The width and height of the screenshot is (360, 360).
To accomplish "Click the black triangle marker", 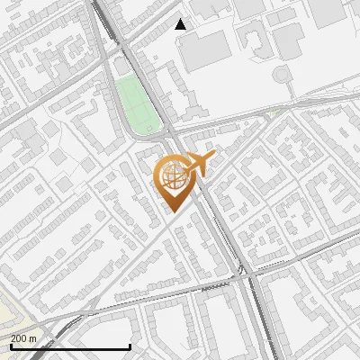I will pos(181,24).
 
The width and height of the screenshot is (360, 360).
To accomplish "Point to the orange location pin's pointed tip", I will pos(174,211).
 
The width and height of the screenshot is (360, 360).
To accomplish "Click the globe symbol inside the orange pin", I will pos(174,176).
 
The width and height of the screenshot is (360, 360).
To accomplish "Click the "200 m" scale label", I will pos(23,337).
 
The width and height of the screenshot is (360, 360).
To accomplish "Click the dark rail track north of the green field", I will pos(105,27).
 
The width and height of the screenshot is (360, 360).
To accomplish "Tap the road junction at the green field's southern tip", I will pos(161,135).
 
